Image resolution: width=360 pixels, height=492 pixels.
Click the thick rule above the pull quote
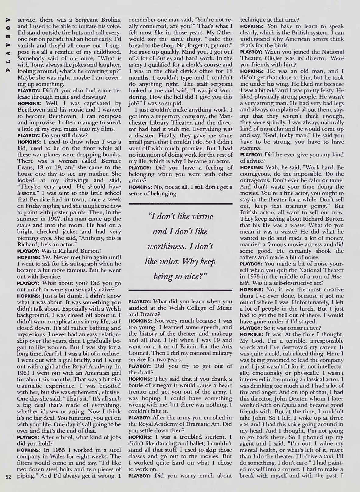181,203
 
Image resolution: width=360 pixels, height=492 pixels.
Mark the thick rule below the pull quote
181,289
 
